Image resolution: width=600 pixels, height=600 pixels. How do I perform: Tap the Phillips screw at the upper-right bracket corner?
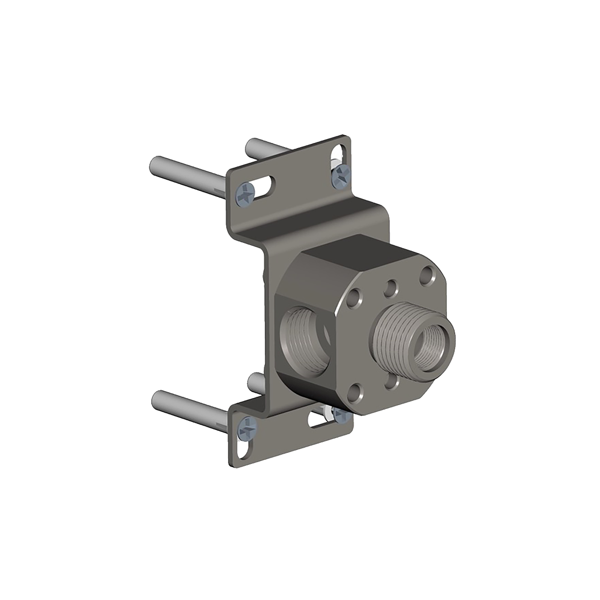pyautogui.click(x=341, y=176)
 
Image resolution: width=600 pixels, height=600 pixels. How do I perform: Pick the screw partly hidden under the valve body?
pyautogui.click(x=341, y=415)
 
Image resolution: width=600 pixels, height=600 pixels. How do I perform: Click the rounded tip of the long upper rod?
pyautogui.click(x=155, y=164)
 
